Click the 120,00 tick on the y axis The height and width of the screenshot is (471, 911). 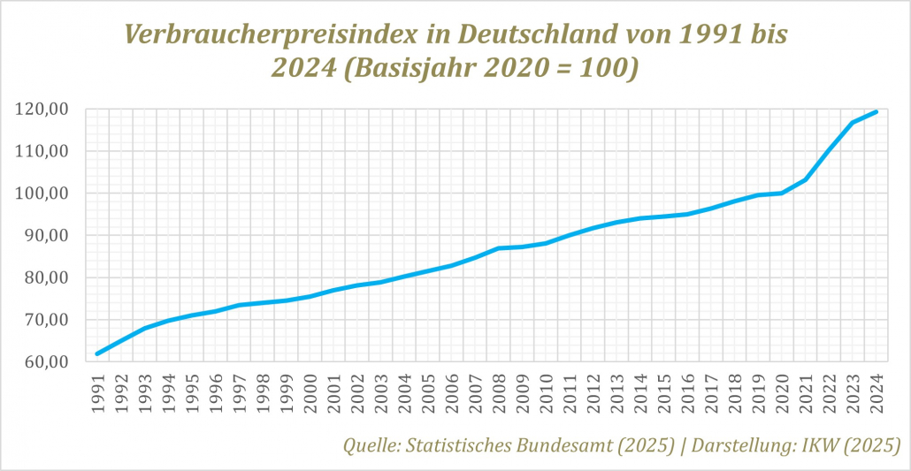pos(42,110)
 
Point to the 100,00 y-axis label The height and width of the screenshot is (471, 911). pos(42,194)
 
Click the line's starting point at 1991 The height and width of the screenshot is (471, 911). pos(97,353)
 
